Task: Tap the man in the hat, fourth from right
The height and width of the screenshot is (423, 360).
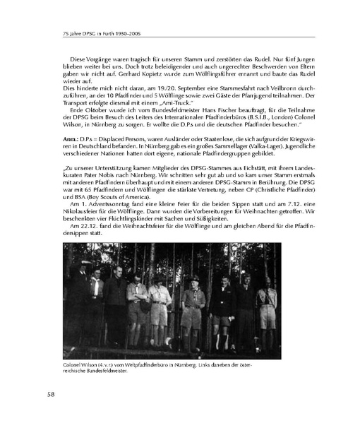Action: click(x=195, y=311)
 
